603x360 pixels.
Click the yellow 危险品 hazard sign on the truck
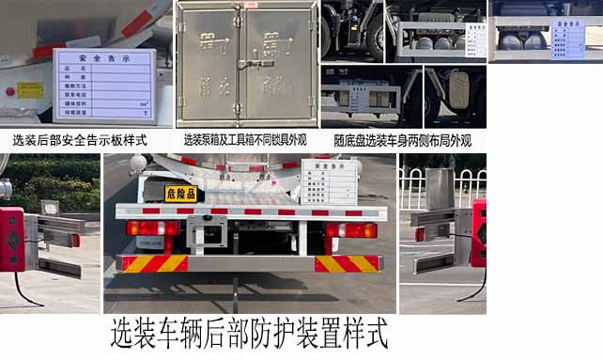(x=179, y=194)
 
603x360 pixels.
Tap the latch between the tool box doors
(x=246, y=64)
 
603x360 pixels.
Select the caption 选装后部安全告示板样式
(x=80, y=140)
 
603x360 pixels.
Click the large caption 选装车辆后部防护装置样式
(x=249, y=334)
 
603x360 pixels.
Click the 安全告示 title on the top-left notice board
(x=103, y=58)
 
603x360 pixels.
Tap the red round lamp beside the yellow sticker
(x=11, y=92)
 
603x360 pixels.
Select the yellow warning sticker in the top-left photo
(x=30, y=90)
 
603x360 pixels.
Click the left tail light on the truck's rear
(x=151, y=227)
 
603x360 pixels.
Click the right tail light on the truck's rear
(x=350, y=230)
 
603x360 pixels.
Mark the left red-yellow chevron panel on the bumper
(x=154, y=263)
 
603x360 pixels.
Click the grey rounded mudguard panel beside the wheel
(x=459, y=89)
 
